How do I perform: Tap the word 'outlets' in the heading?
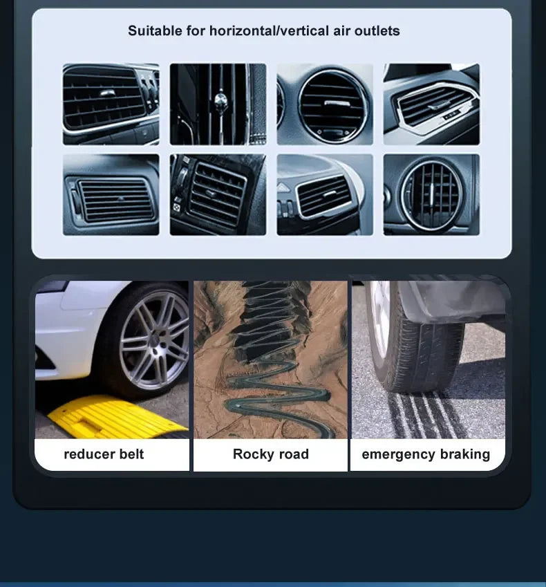[x=377, y=30]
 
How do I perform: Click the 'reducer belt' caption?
[x=104, y=454]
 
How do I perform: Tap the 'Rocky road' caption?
[x=270, y=454]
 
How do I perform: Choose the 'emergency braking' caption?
[x=426, y=454]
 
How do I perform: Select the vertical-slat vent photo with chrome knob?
[x=218, y=104]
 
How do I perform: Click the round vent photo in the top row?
[x=325, y=104]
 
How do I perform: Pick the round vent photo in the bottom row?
[x=431, y=195]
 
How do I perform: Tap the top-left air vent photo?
[x=111, y=104]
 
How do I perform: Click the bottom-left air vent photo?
[x=111, y=195]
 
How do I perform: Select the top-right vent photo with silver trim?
[x=431, y=104]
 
